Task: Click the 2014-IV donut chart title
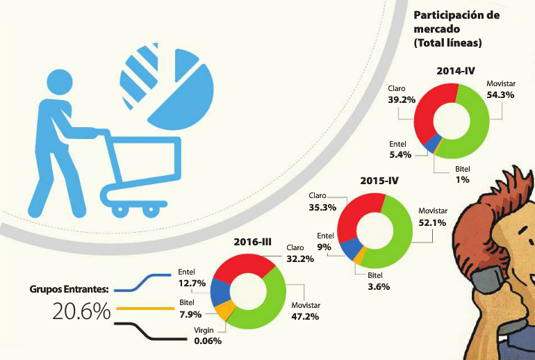click(456, 71)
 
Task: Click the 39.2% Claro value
click(402, 99)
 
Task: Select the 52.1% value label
click(432, 222)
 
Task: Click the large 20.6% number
click(81, 311)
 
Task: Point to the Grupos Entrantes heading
click(69, 288)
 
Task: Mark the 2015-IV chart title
click(379, 181)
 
